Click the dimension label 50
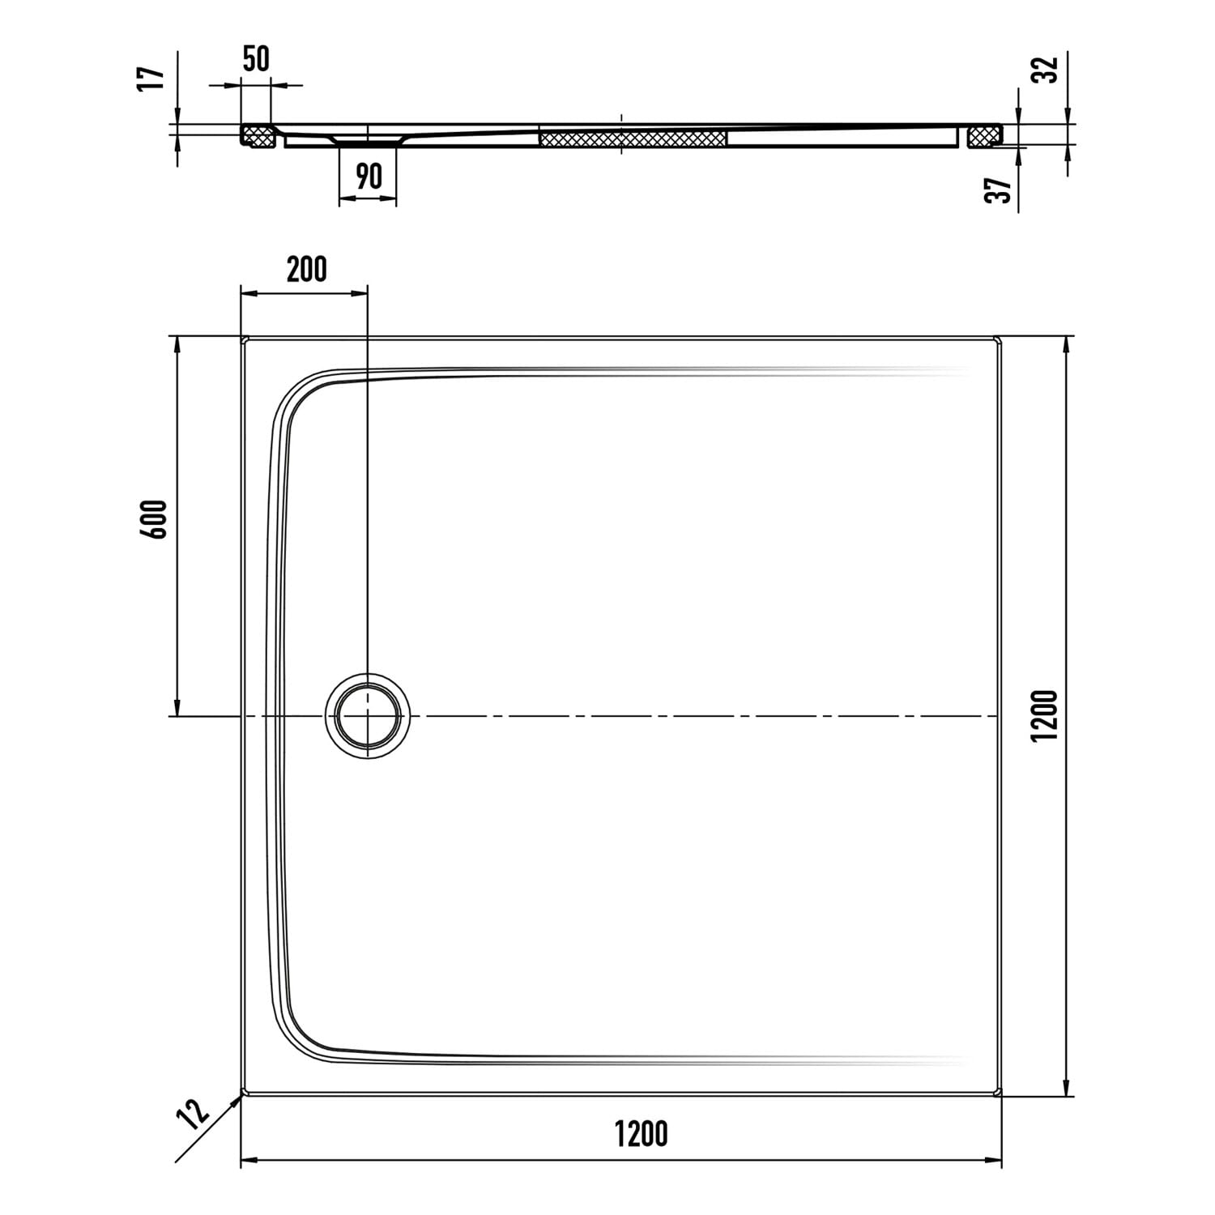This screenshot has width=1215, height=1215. (256, 59)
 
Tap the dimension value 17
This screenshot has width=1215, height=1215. (151, 79)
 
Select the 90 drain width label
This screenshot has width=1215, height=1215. (369, 176)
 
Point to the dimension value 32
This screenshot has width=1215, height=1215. (1048, 69)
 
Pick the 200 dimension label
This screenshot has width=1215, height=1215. (306, 269)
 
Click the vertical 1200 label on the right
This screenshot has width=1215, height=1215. (1047, 714)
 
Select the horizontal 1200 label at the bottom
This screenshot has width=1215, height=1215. (641, 1134)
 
